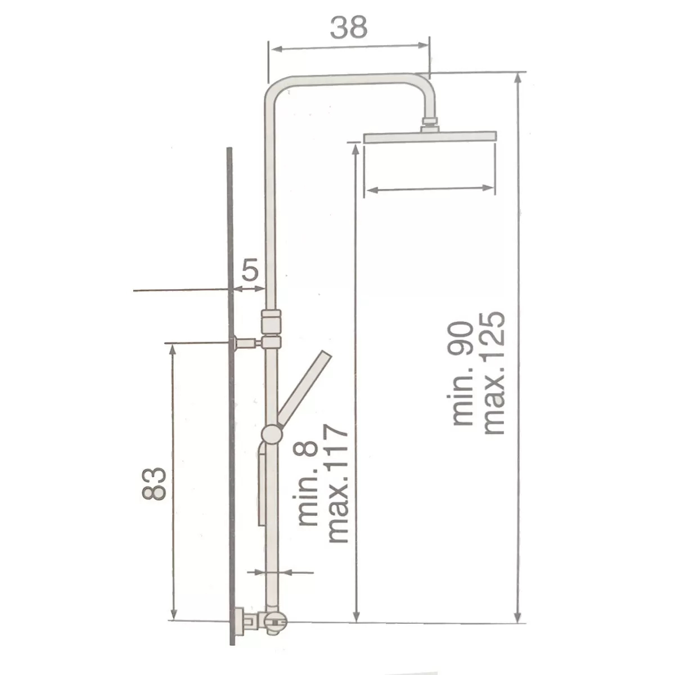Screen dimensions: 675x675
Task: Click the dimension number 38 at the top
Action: (x=349, y=28)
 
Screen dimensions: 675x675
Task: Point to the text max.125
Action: (x=493, y=373)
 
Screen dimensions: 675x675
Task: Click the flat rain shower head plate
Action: (x=430, y=137)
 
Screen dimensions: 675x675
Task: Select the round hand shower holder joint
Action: (x=272, y=435)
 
